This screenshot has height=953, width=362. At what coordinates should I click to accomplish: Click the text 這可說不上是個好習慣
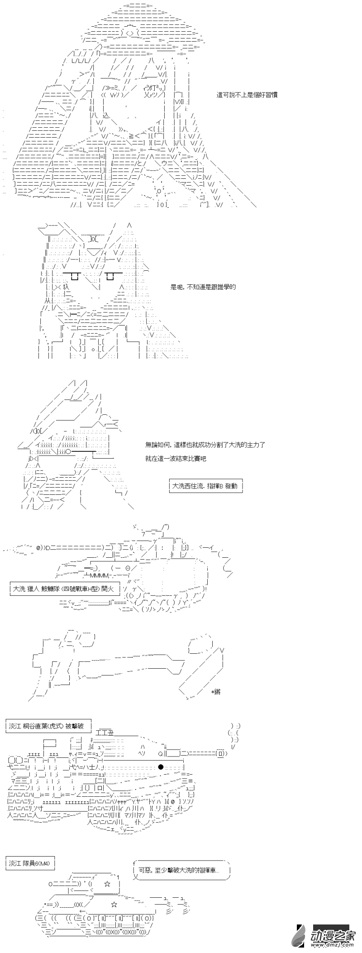[x=247, y=95]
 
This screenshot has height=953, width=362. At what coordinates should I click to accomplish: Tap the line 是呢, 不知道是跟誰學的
[x=203, y=287]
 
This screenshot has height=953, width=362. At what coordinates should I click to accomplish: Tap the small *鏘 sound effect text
[x=215, y=692]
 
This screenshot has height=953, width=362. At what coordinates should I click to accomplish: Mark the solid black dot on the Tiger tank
[x=161, y=767]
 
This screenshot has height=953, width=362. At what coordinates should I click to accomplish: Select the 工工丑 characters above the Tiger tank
[x=105, y=733]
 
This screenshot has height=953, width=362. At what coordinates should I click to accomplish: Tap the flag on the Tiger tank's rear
[x=49, y=742]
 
